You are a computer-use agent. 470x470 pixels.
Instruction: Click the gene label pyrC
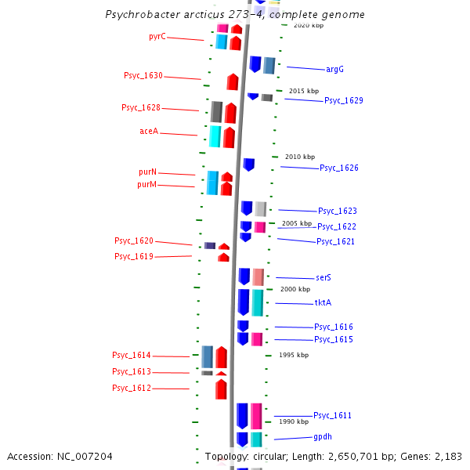pos(157,37)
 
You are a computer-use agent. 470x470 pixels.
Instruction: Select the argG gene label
pos(334,69)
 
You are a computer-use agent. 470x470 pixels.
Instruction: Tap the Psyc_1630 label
pos(143,76)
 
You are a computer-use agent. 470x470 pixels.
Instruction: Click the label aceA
pos(149,132)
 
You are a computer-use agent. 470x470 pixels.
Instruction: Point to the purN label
pos(147,172)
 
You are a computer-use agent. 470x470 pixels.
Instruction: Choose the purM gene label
pos(146,185)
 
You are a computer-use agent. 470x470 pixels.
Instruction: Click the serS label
pos(324,278)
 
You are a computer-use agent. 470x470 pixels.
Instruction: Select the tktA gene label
pos(324,302)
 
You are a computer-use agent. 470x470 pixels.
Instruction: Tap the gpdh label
pos(323,436)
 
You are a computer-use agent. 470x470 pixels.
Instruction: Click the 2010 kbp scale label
pos(300,157)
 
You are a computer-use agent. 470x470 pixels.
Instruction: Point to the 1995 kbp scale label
pos(294,355)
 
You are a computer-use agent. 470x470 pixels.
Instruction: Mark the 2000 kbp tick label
pos(295,289)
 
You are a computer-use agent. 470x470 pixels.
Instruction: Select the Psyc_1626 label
pos(339,168)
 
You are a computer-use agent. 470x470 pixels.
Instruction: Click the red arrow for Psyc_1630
pos(233,81)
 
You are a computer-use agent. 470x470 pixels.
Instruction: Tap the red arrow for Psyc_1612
pos(221,389)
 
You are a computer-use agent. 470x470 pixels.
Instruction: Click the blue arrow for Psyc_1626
pos(248,164)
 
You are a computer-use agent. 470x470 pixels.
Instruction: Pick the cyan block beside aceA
pos(215,136)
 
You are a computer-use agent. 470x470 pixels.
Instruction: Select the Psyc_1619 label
pos(134,257)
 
